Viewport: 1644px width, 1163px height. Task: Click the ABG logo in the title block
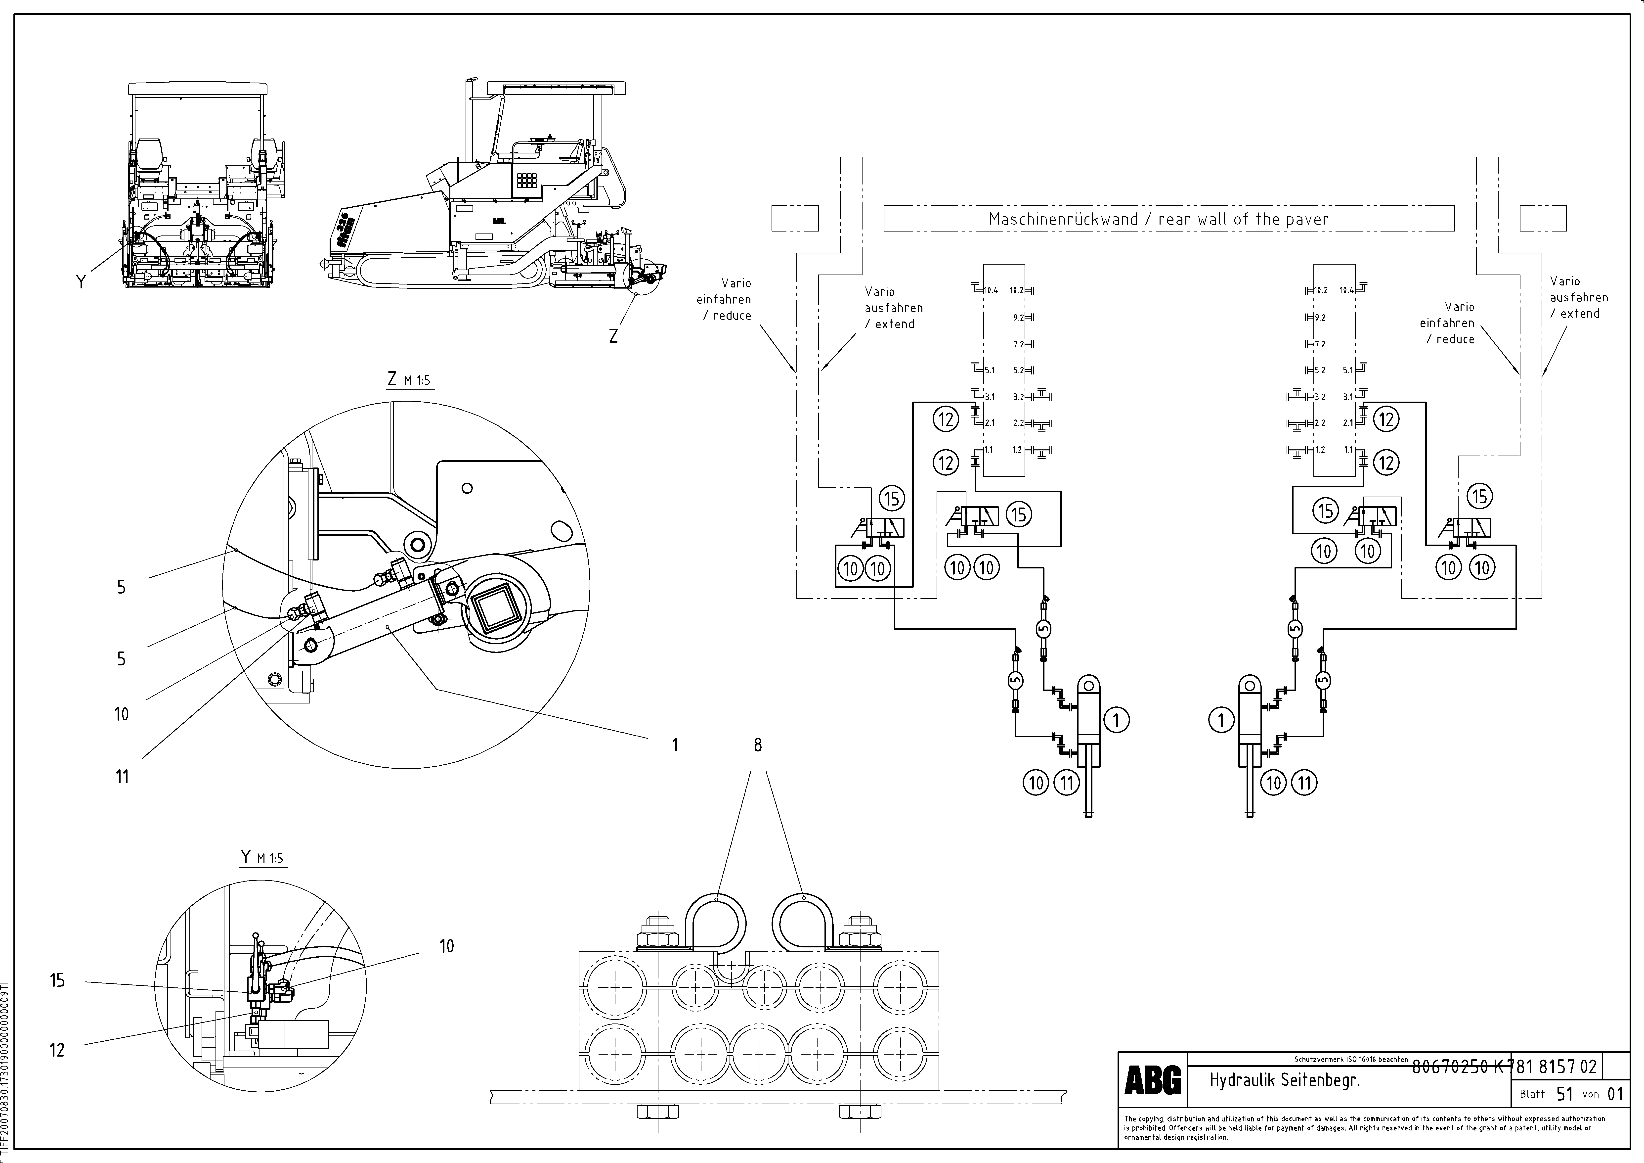click(1153, 1080)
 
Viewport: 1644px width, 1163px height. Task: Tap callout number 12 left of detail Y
click(57, 1050)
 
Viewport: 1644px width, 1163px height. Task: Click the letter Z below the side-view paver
click(613, 335)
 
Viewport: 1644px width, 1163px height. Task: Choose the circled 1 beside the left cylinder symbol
click(1116, 720)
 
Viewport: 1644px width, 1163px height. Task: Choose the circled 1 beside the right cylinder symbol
click(1221, 720)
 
